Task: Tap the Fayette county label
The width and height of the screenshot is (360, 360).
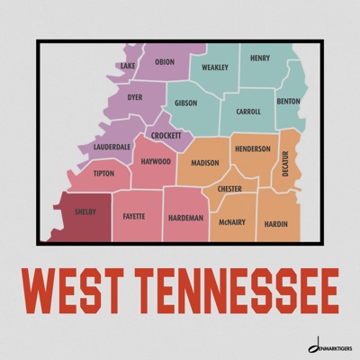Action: tap(134, 216)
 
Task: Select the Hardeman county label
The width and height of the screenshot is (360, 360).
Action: tap(185, 218)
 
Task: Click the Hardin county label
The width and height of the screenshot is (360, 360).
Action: tap(275, 222)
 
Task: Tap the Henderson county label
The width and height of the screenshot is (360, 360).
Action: tap(252, 148)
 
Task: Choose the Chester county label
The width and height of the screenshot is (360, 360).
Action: tap(229, 189)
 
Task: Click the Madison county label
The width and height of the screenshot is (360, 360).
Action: tap(205, 163)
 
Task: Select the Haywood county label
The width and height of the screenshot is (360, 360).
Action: tap(156, 162)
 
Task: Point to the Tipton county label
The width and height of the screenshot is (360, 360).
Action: tap(103, 173)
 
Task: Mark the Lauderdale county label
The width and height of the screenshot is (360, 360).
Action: tap(112, 146)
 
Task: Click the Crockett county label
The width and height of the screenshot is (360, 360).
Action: tap(166, 135)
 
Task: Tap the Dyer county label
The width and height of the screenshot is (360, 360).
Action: tap(135, 96)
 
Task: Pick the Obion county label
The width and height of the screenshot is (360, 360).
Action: tap(165, 62)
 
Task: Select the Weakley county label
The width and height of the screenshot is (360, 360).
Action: tap(215, 67)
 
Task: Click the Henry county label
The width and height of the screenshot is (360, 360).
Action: tap(259, 58)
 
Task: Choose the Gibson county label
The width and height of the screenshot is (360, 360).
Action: tap(186, 103)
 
